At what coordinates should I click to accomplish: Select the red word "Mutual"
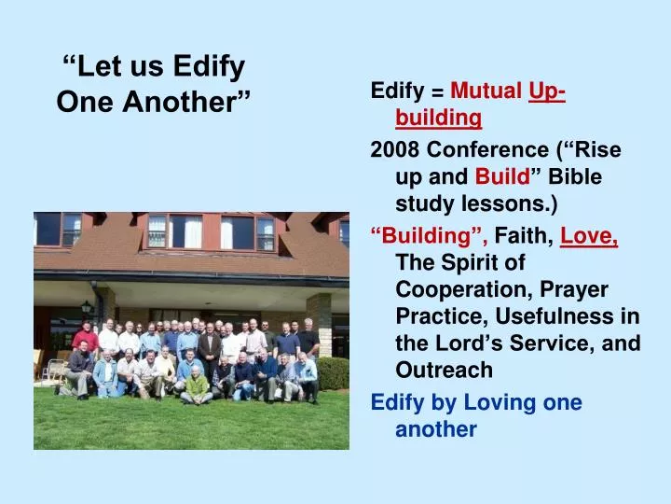(486, 91)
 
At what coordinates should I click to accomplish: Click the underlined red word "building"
(438, 118)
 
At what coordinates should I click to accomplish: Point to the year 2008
(394, 150)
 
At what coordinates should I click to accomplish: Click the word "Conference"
(482, 150)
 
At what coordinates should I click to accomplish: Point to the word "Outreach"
(444, 371)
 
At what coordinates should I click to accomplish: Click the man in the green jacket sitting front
(196, 383)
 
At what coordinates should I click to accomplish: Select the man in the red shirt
(86, 337)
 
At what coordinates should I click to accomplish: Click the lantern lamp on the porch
(87, 306)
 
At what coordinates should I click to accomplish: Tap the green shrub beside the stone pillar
(333, 372)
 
